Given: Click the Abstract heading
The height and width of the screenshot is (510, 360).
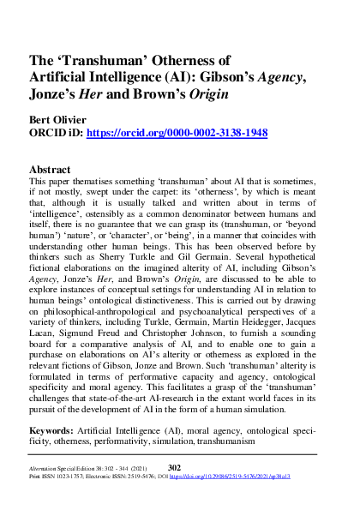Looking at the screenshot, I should click(x=56, y=169).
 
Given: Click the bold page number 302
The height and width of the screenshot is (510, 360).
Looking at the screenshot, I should click(x=174, y=467).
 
